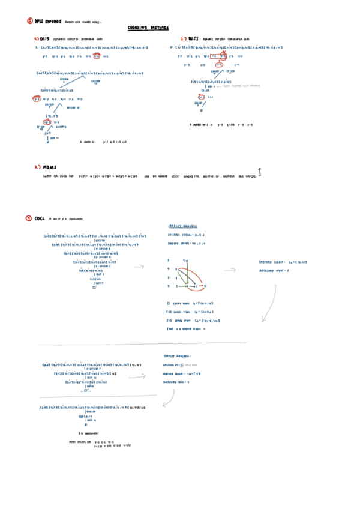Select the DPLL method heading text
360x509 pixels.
pyautogui.click(x=47, y=21)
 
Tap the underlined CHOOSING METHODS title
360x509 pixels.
pyautogui.click(x=149, y=28)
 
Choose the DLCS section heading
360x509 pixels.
pyautogui.click(x=191, y=38)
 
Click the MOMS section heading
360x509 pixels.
pyautogui.click(x=45, y=167)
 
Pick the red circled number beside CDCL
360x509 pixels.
pyautogui.click(x=29, y=218)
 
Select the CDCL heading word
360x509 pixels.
pyautogui.click(x=40, y=218)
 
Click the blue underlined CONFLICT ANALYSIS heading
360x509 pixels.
pyautogui.click(x=186, y=226)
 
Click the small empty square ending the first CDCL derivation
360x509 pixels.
pyautogui.click(x=94, y=288)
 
